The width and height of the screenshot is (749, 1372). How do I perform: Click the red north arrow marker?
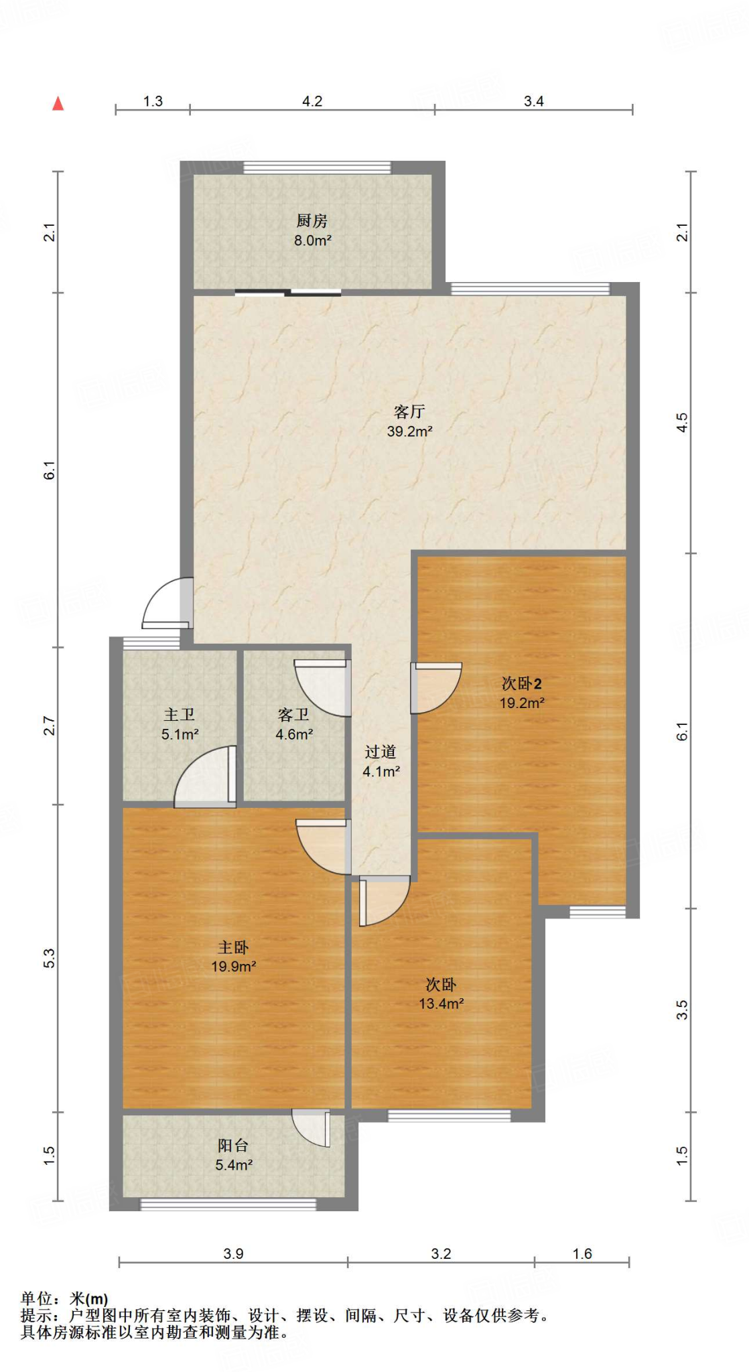pos(58,103)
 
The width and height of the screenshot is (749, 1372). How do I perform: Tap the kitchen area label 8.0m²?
pos(313,241)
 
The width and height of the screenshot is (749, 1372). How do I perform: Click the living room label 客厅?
pos(409,411)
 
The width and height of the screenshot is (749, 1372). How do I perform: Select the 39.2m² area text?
pos(409,431)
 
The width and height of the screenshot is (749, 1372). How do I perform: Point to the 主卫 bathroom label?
pos(180,715)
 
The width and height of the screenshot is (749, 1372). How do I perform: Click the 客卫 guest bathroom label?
pos(294,715)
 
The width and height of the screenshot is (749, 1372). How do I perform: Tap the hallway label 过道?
pos(381,752)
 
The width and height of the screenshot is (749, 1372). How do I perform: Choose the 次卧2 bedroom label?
pos(521,683)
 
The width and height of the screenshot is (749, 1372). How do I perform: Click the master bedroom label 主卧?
pos(233,947)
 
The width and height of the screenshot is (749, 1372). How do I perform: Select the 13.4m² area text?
pos(441,1004)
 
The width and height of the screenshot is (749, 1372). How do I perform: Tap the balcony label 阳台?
pos(233,1146)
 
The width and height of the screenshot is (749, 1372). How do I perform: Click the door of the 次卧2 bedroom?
pos(436,687)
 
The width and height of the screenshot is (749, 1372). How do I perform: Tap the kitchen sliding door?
pos(288,292)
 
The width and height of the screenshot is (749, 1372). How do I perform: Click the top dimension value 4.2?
pos(312,101)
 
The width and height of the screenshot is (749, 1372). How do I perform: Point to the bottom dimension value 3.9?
pos(233,1253)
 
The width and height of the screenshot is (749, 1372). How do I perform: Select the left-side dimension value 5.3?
pos(50,959)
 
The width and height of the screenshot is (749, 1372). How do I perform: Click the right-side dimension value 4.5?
pos(682,422)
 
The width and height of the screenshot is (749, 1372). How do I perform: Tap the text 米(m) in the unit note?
pos(88,1300)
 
